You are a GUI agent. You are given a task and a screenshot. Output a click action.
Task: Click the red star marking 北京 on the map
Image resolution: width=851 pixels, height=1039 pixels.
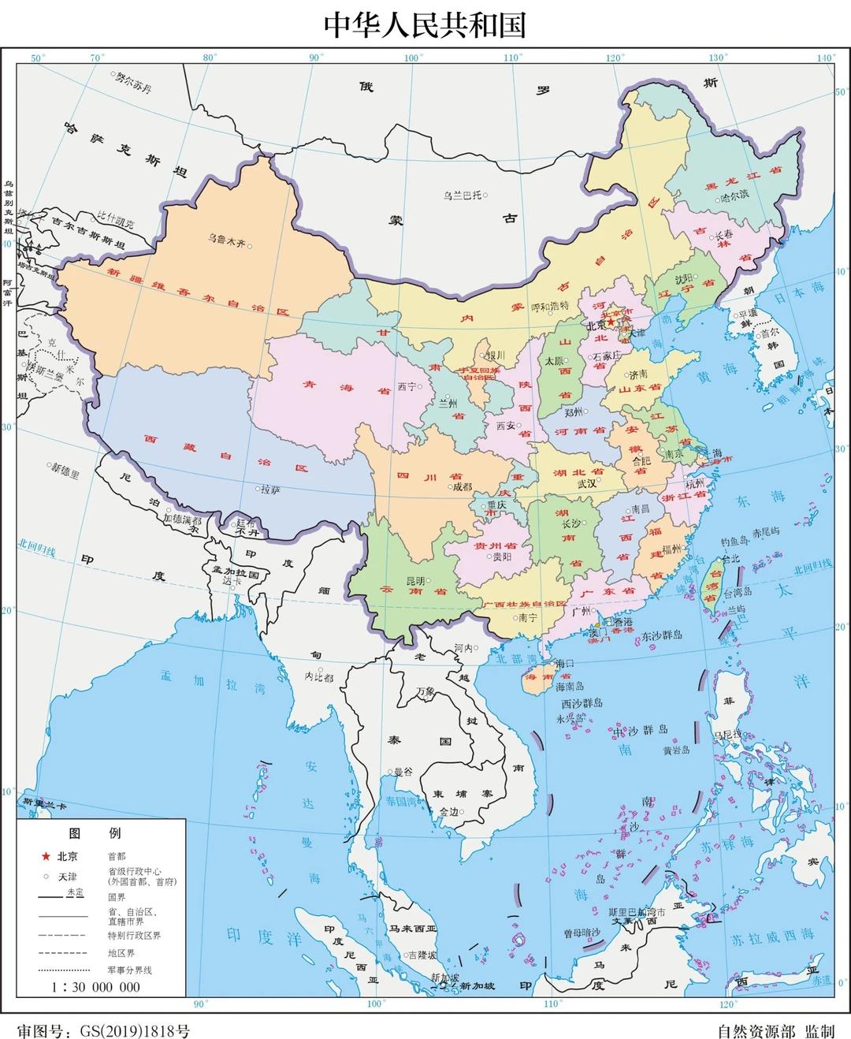coord(611,322)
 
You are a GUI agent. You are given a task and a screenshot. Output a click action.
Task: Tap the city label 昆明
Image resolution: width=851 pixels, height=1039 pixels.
coord(414,580)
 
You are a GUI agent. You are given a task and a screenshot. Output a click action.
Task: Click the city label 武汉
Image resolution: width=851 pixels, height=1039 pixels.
coord(586,484)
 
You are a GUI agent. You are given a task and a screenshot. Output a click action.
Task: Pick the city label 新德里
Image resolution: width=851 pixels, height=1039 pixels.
coord(65,472)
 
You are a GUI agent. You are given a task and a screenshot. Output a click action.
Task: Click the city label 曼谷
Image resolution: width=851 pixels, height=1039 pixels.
coord(403,772)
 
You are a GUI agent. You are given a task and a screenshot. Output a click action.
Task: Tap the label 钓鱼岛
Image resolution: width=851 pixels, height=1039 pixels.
coord(734,543)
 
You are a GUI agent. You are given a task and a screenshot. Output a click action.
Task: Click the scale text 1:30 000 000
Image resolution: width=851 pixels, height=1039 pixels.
coord(95,987)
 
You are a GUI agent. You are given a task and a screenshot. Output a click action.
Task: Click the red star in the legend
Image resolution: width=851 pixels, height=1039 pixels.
coord(46,856)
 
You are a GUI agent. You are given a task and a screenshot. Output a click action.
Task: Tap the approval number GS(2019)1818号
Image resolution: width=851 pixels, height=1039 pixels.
coord(131,1031)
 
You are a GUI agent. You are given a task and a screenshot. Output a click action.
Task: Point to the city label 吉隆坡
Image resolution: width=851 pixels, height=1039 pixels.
coord(422,955)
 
